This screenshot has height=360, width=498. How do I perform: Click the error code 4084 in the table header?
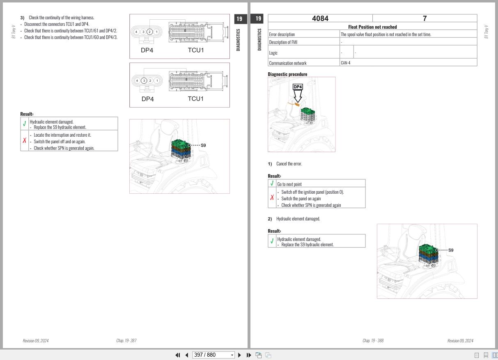[320, 18]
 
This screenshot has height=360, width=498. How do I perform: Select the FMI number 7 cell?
[425, 18]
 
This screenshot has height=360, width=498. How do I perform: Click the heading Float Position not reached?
[372, 27]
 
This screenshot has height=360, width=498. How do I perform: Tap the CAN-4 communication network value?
[346, 63]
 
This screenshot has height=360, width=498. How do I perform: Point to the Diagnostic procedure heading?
[287, 74]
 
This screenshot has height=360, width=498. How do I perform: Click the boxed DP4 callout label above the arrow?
[298, 87]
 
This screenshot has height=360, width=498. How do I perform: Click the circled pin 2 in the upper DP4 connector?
[149, 32]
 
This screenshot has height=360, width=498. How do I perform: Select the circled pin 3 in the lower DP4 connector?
[144, 81]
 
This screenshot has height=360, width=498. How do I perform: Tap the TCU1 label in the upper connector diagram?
[196, 50]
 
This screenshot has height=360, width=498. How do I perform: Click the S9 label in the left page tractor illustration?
[203, 145]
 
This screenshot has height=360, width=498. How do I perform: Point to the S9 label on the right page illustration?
[451, 250]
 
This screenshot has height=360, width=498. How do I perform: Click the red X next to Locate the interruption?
[25, 140]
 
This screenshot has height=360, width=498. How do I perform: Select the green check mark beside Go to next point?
[272, 183]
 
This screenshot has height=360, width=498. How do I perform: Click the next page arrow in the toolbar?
[239, 355]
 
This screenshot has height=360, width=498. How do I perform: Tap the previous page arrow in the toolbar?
[187, 355]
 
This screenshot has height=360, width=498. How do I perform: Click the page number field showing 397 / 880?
[213, 355]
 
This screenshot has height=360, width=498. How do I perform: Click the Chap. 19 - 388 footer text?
[373, 340]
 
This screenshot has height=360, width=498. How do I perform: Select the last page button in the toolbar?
[249, 355]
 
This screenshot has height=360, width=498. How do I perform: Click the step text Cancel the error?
[289, 164]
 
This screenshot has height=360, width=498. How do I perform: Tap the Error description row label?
[282, 34]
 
